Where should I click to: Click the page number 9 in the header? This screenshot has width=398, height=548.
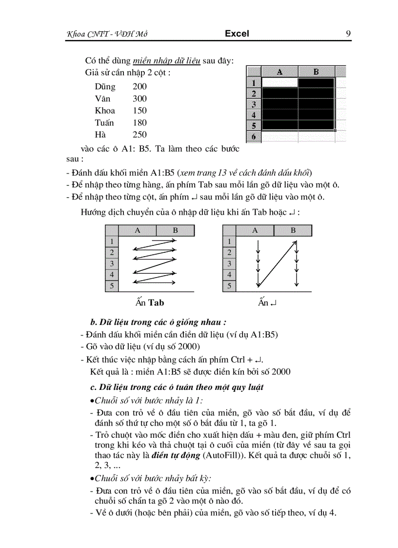click(348, 34)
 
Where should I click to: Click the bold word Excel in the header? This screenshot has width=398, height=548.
click(237, 34)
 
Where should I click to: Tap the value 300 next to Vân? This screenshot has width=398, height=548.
click(139, 99)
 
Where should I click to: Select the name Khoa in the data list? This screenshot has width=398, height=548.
click(105, 111)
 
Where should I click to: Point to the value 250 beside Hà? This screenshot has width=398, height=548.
click(139, 135)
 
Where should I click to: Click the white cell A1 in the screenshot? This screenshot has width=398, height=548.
click(279, 82)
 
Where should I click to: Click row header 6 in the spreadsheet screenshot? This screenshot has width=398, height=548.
click(253, 137)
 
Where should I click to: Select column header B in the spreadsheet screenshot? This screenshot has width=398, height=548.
click(316, 72)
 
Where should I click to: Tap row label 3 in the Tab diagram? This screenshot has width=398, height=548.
click(112, 264)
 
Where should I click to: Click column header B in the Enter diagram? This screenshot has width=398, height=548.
click(293, 231)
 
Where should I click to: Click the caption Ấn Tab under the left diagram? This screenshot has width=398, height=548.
click(150, 303)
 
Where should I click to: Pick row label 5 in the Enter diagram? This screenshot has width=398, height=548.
click(229, 286)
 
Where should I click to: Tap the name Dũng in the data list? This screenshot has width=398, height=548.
click(105, 87)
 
